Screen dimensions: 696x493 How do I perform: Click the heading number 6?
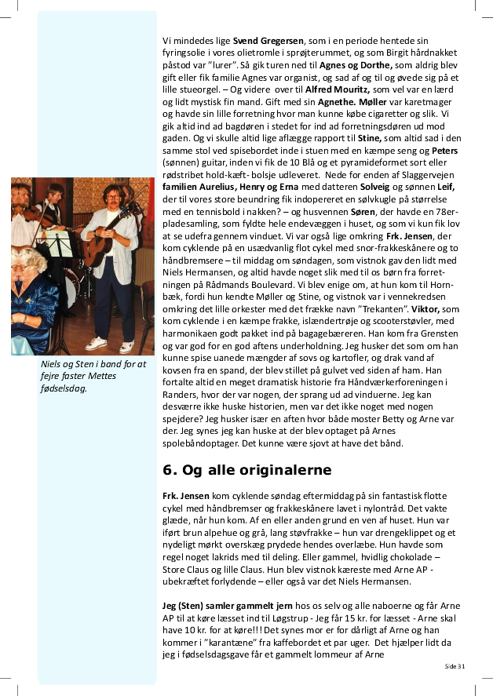pos(168,471)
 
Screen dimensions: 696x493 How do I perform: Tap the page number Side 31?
pos(455,665)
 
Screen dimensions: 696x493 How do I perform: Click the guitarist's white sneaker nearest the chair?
pos(126,346)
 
